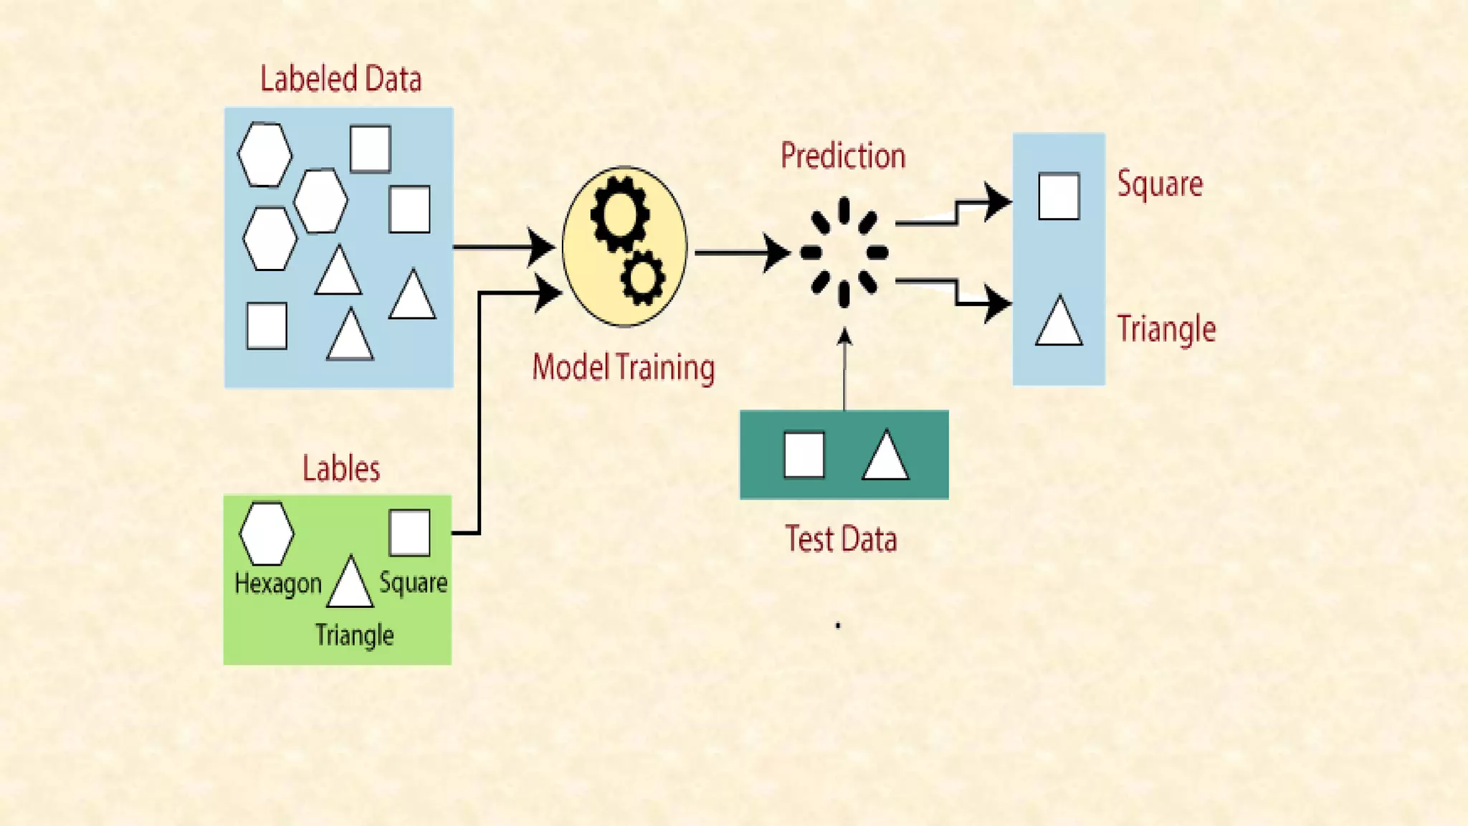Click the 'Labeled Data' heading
(340, 79)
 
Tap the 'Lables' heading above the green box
(340, 469)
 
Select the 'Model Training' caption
(623, 367)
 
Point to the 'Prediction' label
(843, 156)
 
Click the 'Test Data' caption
(841, 539)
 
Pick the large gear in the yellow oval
(619, 214)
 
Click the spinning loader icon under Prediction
(844, 252)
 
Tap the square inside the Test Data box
(804, 455)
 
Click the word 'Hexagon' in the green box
(278, 584)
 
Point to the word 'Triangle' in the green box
(354, 635)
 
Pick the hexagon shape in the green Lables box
(267, 533)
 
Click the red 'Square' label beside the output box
(1160, 184)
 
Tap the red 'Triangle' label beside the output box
(1166, 329)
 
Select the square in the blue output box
(1059, 196)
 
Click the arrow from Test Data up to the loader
(844, 369)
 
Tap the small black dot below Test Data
(838, 626)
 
